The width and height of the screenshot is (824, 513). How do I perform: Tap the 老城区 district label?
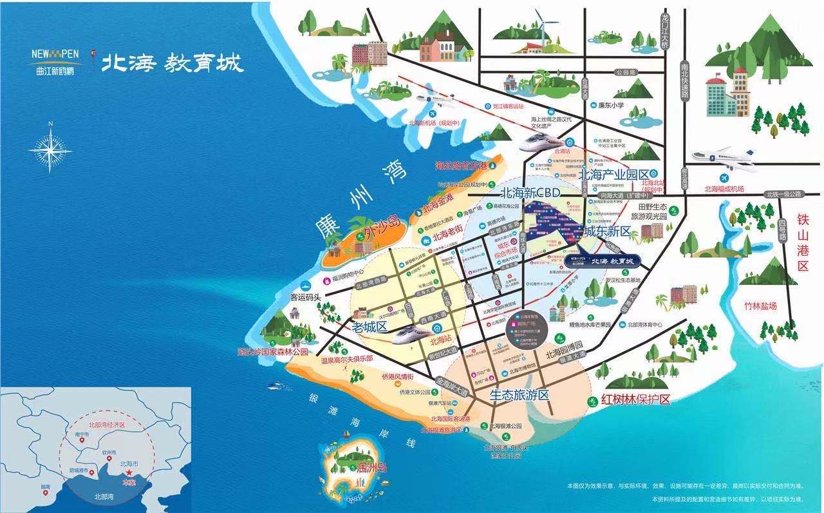click(x=369, y=327)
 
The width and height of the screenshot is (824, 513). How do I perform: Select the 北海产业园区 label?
click(x=613, y=175)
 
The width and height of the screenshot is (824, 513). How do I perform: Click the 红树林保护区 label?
click(x=636, y=400)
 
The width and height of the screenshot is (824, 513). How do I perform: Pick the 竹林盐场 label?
click(x=760, y=306)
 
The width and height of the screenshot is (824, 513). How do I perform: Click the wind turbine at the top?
click(x=541, y=29)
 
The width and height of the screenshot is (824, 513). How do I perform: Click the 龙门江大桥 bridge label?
click(x=666, y=32)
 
